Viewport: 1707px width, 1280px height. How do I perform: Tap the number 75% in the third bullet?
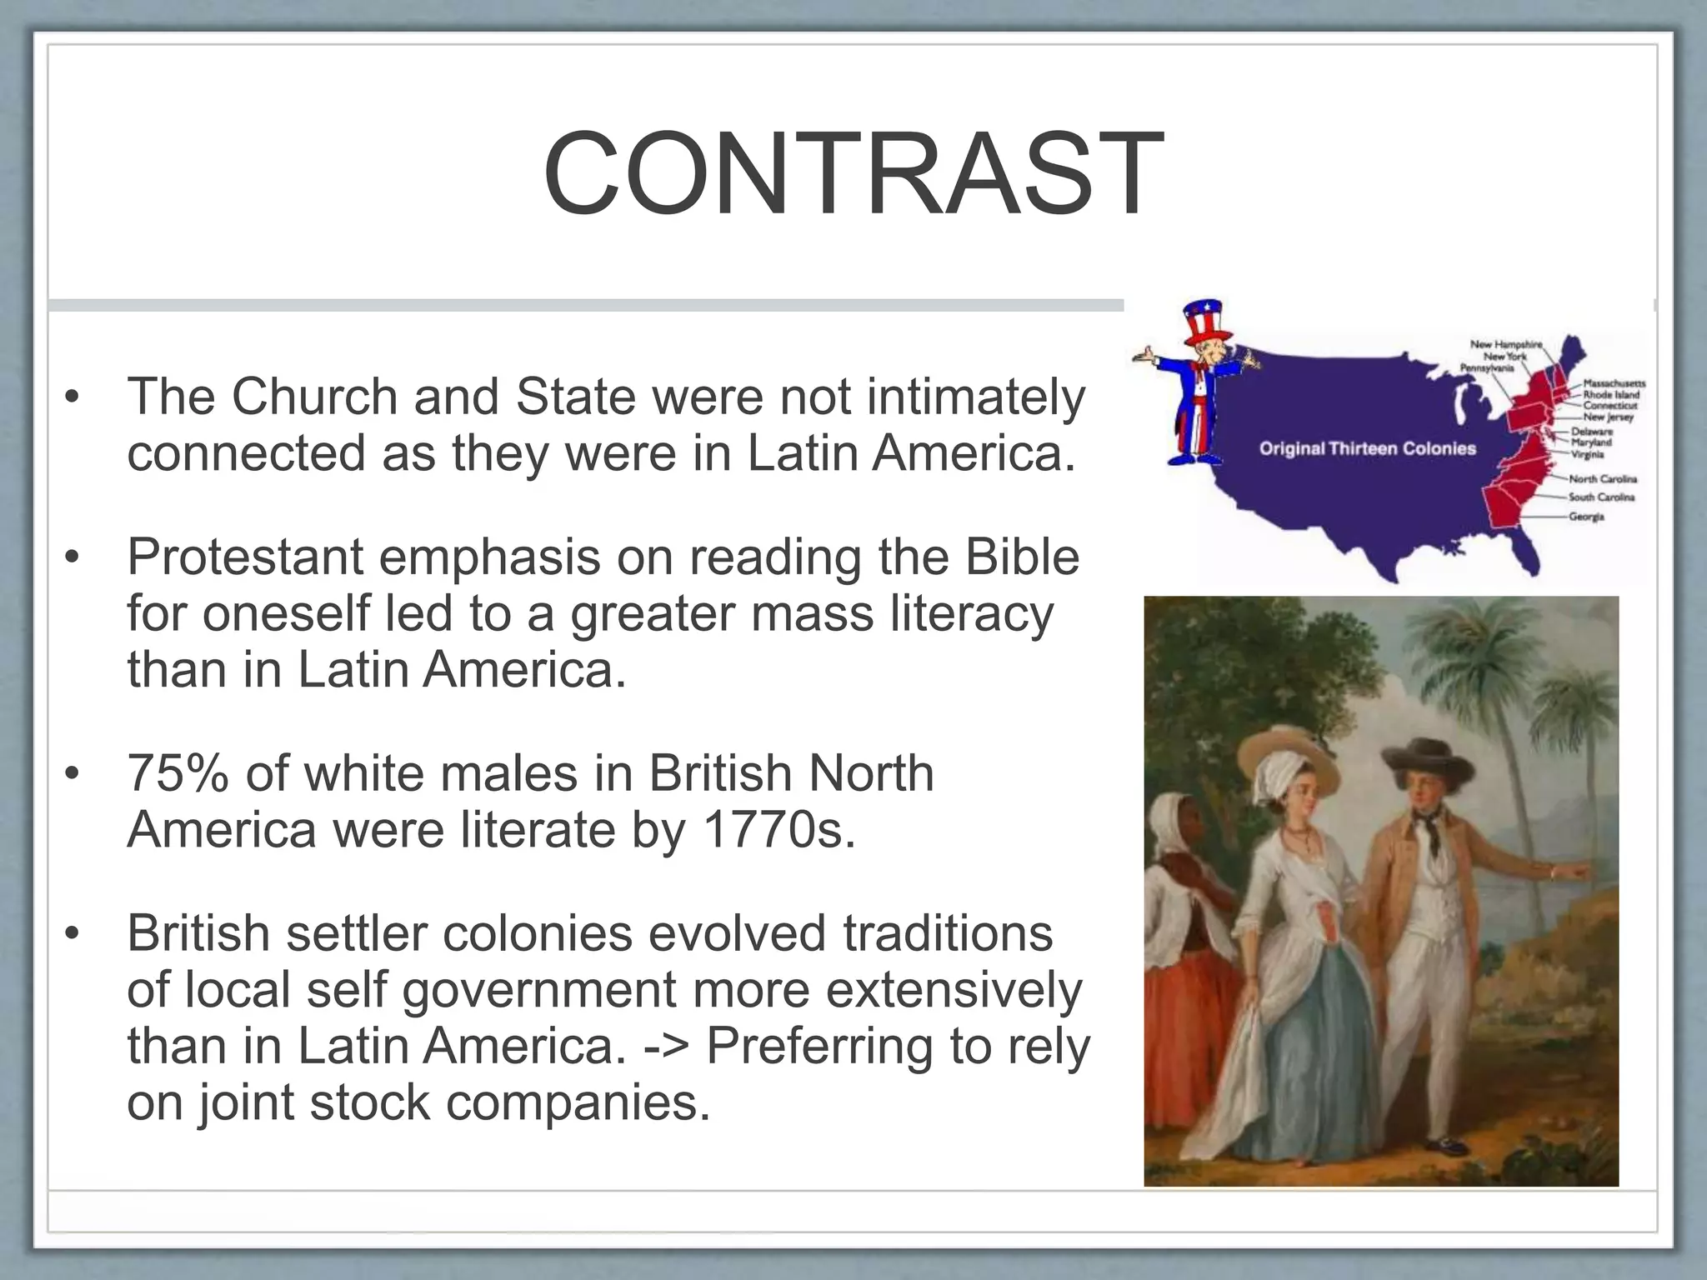pyautogui.click(x=178, y=773)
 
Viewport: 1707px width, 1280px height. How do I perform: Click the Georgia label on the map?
pyautogui.click(x=1586, y=517)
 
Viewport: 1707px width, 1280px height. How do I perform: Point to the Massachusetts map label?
pyautogui.click(x=1614, y=384)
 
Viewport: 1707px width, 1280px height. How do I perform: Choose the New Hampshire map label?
pyautogui.click(x=1506, y=344)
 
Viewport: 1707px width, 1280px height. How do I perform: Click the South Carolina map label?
pyautogui.click(x=1601, y=497)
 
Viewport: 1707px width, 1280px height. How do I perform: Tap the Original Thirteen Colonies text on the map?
pyautogui.click(x=1367, y=449)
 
